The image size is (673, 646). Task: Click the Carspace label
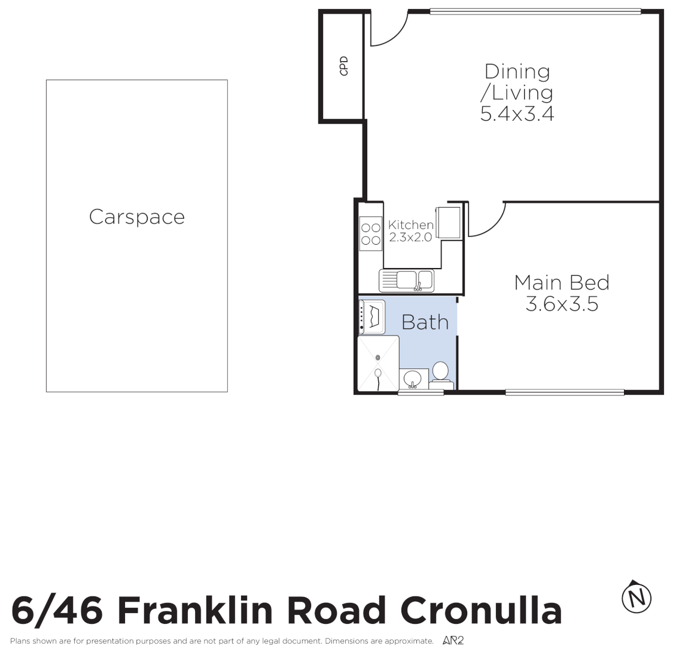pyautogui.click(x=136, y=217)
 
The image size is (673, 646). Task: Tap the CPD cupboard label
pyautogui.click(x=344, y=66)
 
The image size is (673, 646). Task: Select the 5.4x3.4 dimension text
pyautogui.click(x=517, y=114)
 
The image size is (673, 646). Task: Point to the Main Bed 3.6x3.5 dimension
pyautogui.click(x=562, y=304)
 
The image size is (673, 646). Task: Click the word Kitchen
pyautogui.click(x=410, y=225)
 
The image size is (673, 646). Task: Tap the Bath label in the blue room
pyautogui.click(x=425, y=322)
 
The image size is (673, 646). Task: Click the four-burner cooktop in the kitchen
pyautogui.click(x=371, y=234)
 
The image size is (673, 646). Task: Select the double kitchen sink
pyautogui.click(x=406, y=280)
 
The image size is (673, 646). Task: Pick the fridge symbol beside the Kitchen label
pyautogui.click(x=449, y=223)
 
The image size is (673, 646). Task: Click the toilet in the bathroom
pyautogui.click(x=441, y=373)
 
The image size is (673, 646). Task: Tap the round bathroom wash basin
pyautogui.click(x=413, y=379)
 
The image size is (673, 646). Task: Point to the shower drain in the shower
pyautogui.click(x=377, y=358)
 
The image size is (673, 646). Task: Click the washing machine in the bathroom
pyautogui.click(x=371, y=316)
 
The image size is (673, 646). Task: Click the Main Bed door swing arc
pyautogui.click(x=486, y=220)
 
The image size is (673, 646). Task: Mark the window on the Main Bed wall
pyautogui.click(x=564, y=392)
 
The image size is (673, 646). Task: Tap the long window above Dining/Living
pyautogui.click(x=535, y=11)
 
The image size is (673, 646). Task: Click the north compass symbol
pyautogui.click(x=637, y=597)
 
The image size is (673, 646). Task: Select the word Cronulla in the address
pyautogui.click(x=481, y=611)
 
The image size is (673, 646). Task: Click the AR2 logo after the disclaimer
pyautogui.click(x=453, y=641)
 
